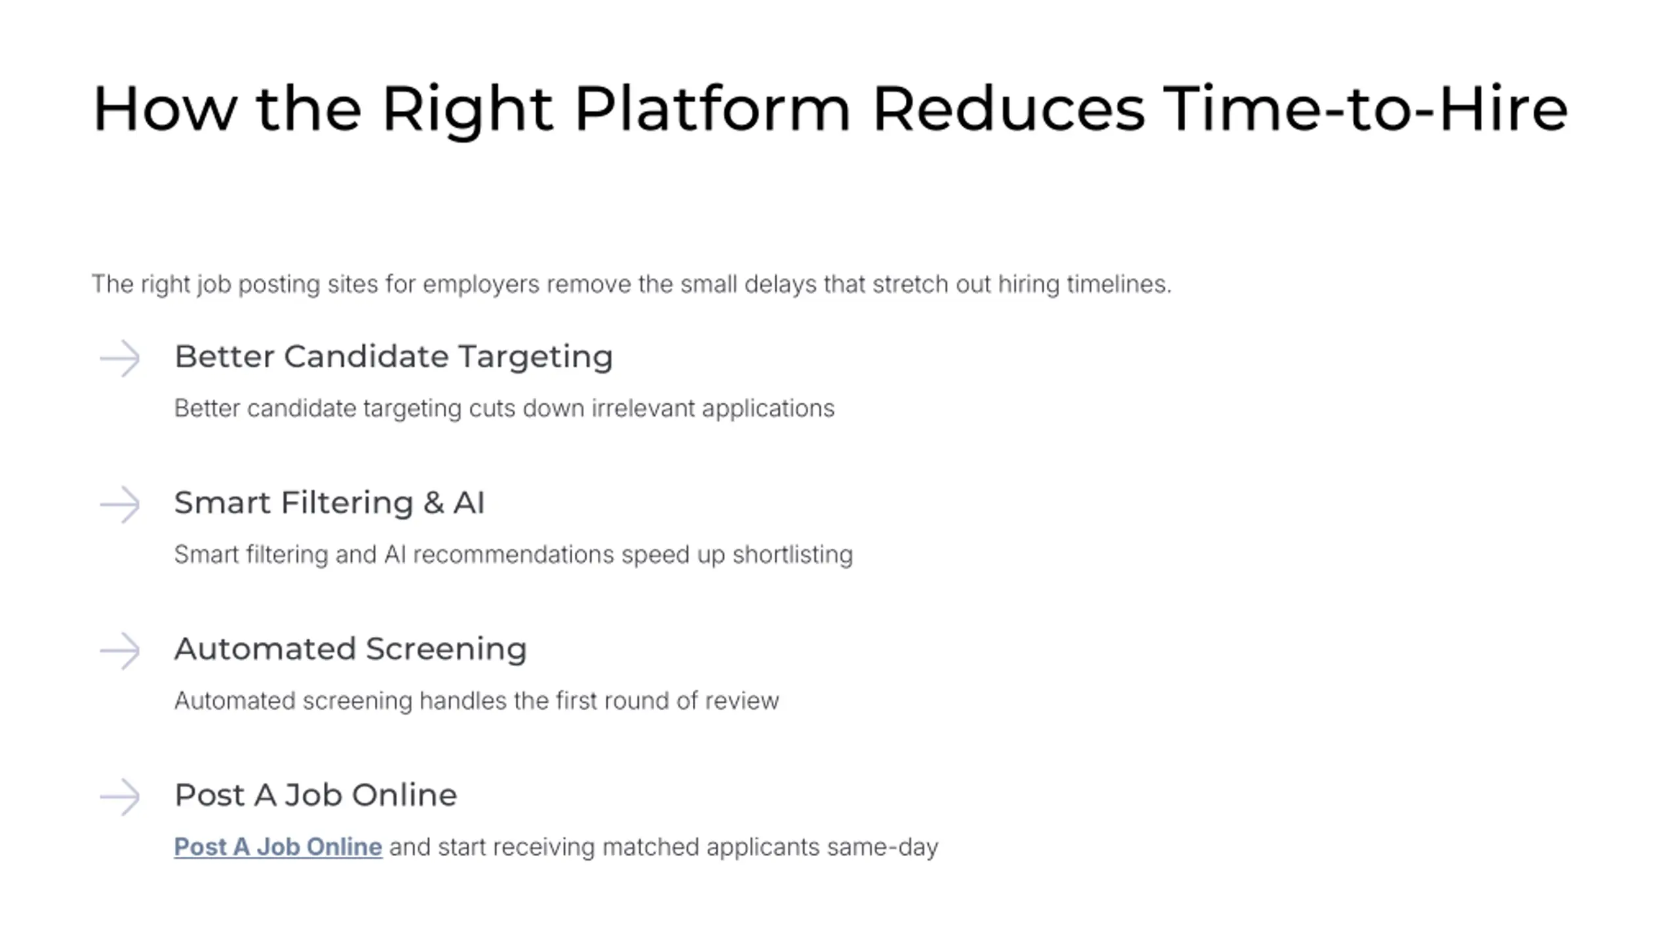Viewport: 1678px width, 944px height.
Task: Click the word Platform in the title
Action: [x=712, y=109]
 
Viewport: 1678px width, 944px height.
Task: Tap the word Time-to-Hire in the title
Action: [x=1365, y=109]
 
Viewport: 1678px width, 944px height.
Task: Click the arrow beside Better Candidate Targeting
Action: [x=120, y=359]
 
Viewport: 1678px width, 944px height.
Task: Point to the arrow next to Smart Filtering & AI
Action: [x=120, y=505]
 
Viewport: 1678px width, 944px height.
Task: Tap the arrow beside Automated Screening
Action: [x=120, y=651]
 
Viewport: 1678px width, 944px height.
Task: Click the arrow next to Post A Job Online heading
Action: [x=120, y=797]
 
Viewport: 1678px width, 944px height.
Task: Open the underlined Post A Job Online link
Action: [x=278, y=847]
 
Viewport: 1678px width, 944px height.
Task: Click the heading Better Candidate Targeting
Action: [x=394, y=357]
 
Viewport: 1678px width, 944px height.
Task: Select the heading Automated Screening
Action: [x=351, y=650]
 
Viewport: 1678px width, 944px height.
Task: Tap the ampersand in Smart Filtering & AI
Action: [x=433, y=503]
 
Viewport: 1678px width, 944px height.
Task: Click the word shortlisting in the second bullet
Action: [x=792, y=555]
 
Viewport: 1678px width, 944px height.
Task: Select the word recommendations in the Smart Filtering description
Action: [x=514, y=555]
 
